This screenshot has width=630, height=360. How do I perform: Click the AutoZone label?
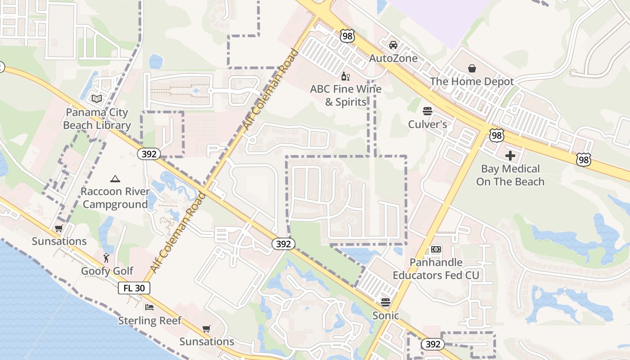point(393,58)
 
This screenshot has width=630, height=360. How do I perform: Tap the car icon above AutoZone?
point(393,45)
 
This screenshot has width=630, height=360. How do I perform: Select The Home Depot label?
point(472,81)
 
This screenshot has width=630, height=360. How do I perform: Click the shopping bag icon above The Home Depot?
point(472,68)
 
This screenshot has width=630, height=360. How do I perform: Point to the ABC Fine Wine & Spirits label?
point(346,95)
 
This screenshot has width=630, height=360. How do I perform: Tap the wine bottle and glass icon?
point(346,76)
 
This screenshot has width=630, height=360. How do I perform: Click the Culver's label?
point(427,124)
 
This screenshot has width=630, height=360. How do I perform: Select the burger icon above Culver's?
point(427,111)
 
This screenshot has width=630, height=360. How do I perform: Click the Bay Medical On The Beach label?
point(510,175)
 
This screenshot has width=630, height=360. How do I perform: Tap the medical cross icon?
point(510,156)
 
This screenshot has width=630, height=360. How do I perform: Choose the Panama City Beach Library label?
point(97,119)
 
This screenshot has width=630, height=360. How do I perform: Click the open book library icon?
point(97,99)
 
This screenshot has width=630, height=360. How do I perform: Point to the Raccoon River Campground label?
point(115,198)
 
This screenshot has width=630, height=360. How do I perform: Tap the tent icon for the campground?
point(115,179)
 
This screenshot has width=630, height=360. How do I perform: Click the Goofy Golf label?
point(107,271)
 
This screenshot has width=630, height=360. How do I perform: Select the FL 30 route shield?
point(134,288)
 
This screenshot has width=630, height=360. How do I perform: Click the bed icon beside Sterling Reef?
point(149,307)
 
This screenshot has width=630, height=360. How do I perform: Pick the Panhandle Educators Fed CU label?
point(436,269)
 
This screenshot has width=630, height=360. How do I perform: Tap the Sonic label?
point(386,315)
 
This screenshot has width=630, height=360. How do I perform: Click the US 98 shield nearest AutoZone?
point(347,36)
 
